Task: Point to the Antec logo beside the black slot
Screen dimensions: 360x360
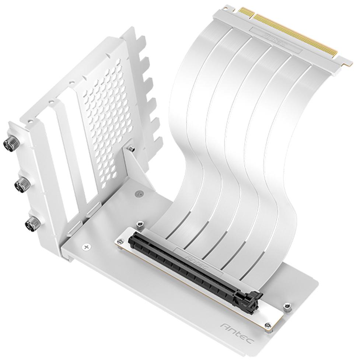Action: point(196,259)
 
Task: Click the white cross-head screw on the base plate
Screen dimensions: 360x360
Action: point(87,247)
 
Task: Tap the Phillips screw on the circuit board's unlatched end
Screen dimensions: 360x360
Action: point(120,241)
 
